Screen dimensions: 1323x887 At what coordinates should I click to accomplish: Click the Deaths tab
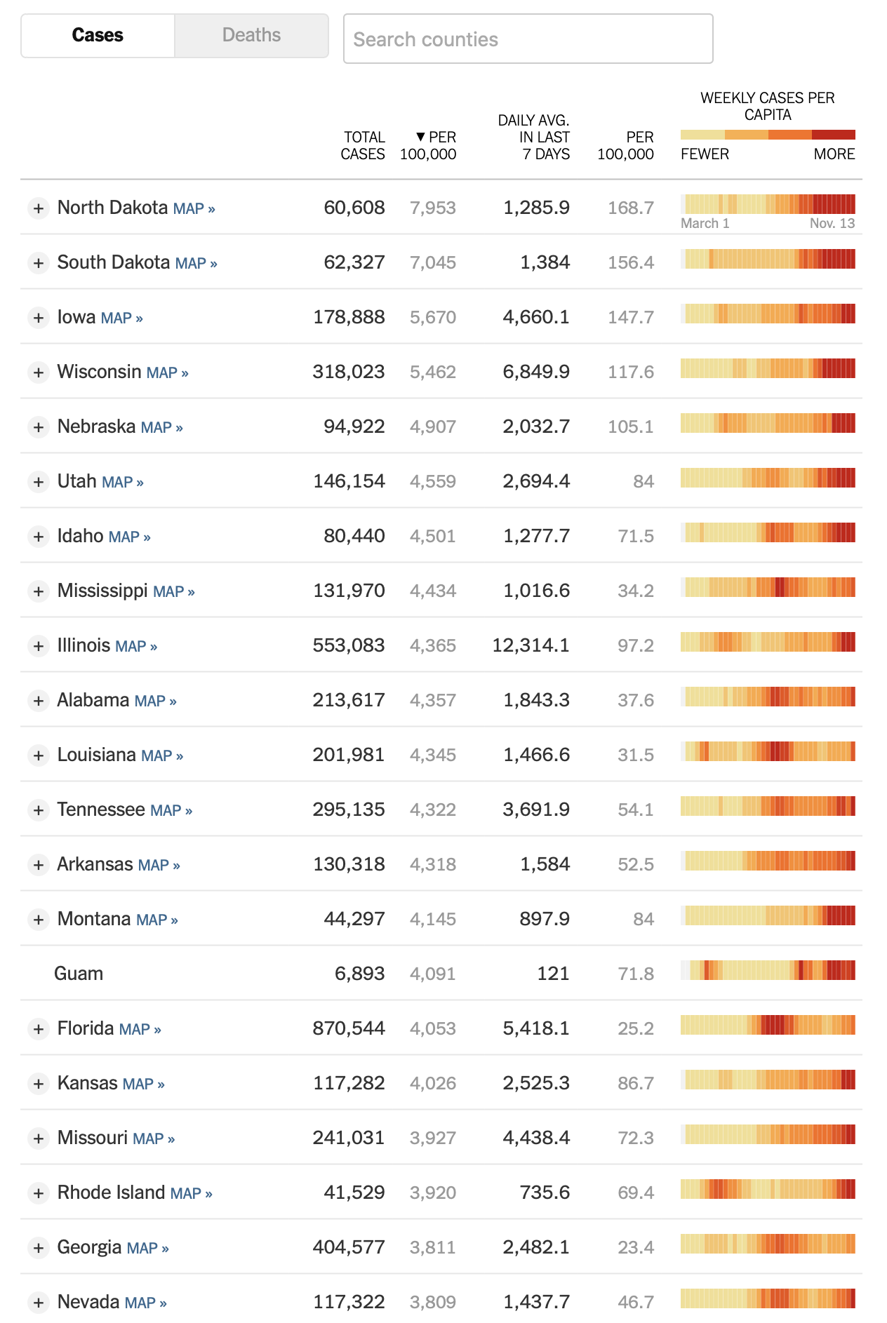pos(251,35)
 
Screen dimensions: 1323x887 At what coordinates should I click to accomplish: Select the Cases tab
pos(98,35)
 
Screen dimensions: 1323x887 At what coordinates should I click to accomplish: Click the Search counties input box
pos(528,39)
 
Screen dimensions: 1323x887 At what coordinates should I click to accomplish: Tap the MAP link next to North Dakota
pos(194,209)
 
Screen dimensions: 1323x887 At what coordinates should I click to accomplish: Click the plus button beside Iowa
pos(39,318)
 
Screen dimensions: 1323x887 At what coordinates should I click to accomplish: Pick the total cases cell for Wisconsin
pos(349,372)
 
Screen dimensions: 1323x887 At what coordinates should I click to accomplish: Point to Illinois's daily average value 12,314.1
pos(531,645)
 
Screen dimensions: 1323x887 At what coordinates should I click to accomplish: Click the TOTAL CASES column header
pos(363,145)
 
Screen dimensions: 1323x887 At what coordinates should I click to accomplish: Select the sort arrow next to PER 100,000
pos(420,137)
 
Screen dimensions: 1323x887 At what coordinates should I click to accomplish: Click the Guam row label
pos(79,974)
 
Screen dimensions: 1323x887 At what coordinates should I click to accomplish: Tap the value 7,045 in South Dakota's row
pos(433,263)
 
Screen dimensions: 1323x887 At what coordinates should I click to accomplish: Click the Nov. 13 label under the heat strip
pos(832,223)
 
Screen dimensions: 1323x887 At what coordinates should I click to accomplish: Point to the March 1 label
pos(705,223)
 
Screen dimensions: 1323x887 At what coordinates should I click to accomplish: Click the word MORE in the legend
pos(834,154)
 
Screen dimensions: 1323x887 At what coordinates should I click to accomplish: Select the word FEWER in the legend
pos(705,154)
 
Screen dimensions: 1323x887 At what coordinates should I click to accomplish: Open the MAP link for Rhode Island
pos(191,1194)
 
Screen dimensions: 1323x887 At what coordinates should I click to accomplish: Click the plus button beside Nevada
pos(39,1303)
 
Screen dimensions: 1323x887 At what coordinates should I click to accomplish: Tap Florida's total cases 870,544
pos(349,1028)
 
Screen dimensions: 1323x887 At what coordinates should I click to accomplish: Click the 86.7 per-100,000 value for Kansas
pos(636,1083)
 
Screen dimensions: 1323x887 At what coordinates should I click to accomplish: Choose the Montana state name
pos(94,919)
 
